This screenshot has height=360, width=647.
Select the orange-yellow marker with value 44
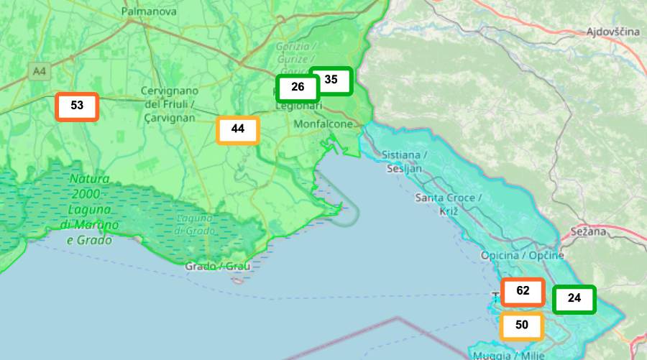(238, 130)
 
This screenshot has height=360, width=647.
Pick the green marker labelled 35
(331, 80)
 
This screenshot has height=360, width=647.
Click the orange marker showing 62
(523, 292)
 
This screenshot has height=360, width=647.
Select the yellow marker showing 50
(522, 326)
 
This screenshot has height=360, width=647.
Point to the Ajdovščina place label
(612, 32)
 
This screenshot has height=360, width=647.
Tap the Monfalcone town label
(324, 124)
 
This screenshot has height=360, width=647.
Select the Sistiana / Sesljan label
(404, 162)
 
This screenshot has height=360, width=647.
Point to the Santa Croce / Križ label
(445, 204)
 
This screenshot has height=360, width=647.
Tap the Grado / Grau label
(218, 267)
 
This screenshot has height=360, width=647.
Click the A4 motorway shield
(39, 71)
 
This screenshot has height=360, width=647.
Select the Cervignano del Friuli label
(170, 103)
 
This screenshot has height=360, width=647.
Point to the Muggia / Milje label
(503, 355)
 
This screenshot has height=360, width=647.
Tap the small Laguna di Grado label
(194, 224)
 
